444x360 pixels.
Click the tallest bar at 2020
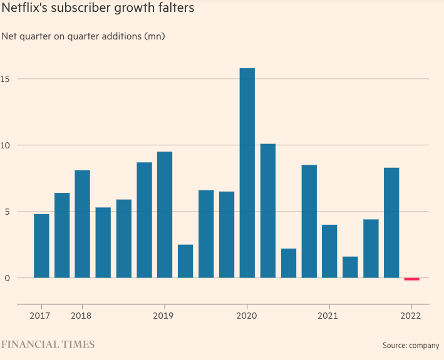point(247,173)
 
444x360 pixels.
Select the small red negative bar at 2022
point(411,279)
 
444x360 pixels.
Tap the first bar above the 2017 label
point(41,245)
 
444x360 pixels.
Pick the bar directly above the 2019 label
point(165,214)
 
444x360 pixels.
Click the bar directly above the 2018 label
point(82,224)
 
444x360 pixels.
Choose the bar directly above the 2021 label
point(329,250)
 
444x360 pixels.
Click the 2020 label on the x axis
point(247,316)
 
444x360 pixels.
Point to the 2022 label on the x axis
point(411,316)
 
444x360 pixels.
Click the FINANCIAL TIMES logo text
point(48,344)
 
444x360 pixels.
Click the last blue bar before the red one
point(391,222)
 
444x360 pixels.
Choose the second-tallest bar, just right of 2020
point(267,210)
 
